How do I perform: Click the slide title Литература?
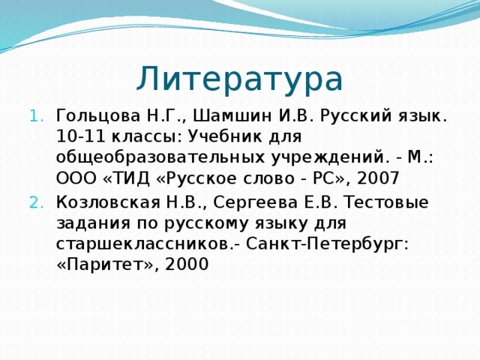239,79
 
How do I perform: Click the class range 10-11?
77,138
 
